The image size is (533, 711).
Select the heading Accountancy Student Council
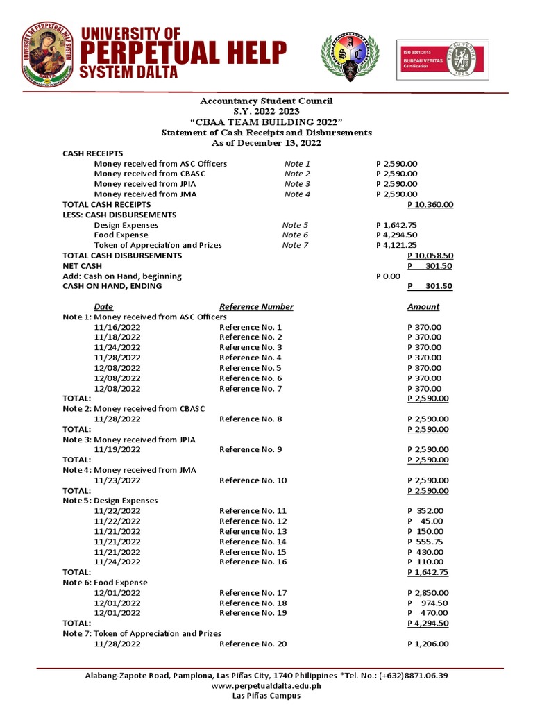tap(266, 101)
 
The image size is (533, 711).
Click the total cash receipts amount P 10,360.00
tap(430, 205)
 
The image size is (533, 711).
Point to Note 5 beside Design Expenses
tap(295, 225)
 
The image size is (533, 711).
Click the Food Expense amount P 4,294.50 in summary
tap(396, 235)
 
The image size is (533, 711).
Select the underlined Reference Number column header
tap(256, 307)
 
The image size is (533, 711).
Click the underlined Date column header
tap(103, 307)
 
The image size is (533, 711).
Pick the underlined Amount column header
tap(423, 307)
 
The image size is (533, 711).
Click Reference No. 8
tap(251, 419)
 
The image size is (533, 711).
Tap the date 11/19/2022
tap(117, 450)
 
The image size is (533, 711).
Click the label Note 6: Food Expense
tap(105, 583)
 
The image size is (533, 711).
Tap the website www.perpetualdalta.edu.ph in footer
tap(266, 685)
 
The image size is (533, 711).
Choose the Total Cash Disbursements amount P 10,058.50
tap(430, 256)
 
